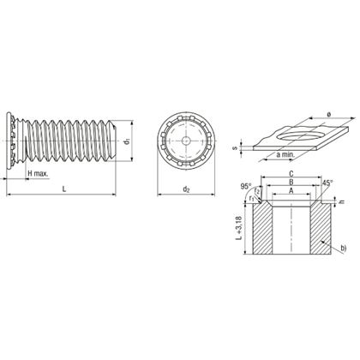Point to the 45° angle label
327,183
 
